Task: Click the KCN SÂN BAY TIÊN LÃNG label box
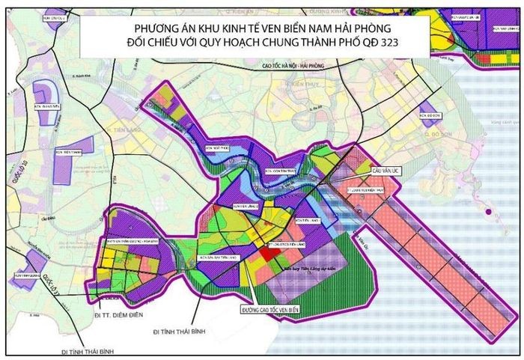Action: (x=217, y=257)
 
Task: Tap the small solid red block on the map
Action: (x=266, y=254)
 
